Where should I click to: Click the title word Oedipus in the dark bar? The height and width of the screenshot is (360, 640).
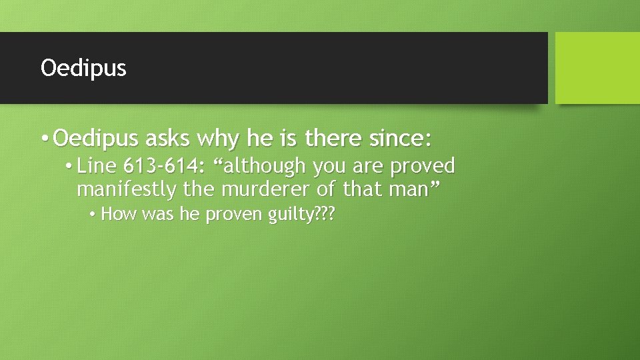pos(83,68)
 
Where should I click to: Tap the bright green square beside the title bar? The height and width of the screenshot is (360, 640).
pos(597,68)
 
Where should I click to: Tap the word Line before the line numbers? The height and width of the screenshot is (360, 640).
pos(97,165)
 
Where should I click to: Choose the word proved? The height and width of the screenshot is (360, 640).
pos(423,165)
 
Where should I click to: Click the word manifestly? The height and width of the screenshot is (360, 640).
pos(127,189)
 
